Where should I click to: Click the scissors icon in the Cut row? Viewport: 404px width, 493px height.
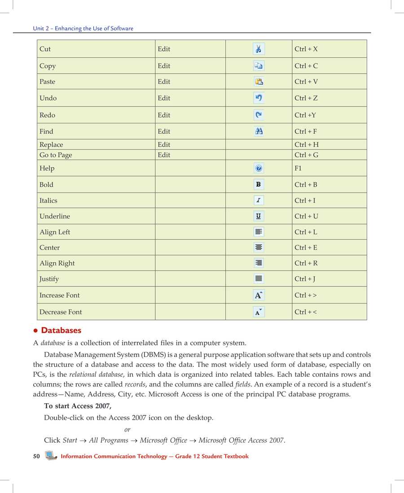pos(259,49)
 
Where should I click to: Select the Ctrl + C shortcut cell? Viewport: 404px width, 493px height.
pos(306,66)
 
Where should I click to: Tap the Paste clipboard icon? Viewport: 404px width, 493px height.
pos(259,82)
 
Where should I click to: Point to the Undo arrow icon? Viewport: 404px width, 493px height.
pos(259,98)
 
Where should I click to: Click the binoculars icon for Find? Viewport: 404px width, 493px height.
pos(259,131)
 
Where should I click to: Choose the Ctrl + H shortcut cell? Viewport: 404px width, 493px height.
pos(307,145)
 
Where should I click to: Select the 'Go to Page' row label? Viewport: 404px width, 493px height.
pos(56,155)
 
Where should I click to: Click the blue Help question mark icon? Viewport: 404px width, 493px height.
pos(259,168)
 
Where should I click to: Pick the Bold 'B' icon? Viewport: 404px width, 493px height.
pos(259,185)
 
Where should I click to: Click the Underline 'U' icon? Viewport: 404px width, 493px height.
pos(259,216)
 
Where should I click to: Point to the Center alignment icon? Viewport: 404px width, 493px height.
pos(259,247)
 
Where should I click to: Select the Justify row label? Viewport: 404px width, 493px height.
pos(49,279)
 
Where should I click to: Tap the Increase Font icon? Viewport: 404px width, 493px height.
pos(259,295)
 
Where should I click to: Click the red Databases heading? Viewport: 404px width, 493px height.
pos(61,330)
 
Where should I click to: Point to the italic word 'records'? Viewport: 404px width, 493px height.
pos(134,385)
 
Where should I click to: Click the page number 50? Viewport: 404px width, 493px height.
pos(36,456)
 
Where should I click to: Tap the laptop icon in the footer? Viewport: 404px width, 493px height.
pos(51,456)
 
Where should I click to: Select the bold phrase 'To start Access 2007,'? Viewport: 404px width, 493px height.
pos(78,406)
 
